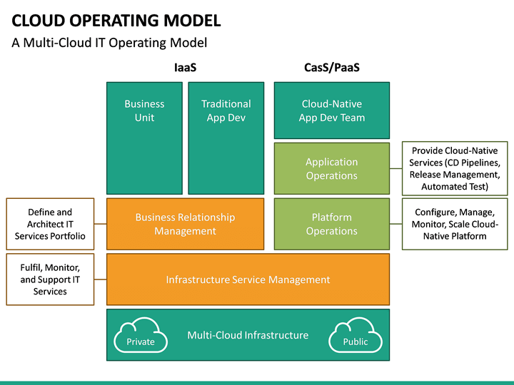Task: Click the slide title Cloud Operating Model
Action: [116, 20]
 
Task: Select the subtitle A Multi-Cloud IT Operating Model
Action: [109, 43]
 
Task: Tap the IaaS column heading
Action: [185, 68]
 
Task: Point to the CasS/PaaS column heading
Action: [331, 68]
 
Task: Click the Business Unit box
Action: [144, 138]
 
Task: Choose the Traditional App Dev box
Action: [226, 138]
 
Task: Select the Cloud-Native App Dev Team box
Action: [331, 110]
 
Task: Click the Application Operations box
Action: [331, 169]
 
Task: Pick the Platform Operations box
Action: [331, 224]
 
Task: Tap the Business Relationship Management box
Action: [185, 224]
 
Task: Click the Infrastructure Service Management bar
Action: [248, 279]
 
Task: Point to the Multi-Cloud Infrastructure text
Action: [248, 335]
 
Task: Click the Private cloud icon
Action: [141, 337]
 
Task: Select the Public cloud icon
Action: [355, 337]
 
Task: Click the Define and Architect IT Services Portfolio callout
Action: [50, 224]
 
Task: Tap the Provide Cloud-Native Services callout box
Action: [454, 169]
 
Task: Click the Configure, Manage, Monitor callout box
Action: [454, 224]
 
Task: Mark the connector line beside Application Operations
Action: [395, 169]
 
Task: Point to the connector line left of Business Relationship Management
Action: [100, 224]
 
